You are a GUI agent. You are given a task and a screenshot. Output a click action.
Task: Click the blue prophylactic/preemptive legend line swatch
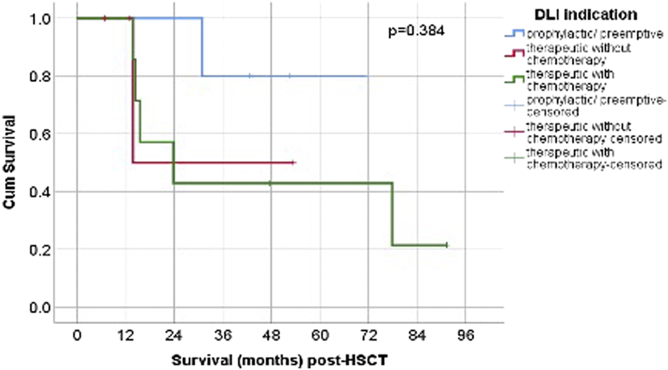[514, 34]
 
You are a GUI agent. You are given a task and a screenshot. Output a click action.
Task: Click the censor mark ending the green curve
[446, 245]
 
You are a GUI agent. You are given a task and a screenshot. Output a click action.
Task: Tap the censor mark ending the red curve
[293, 162]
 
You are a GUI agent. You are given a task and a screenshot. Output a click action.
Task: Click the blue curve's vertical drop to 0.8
[202, 47]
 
